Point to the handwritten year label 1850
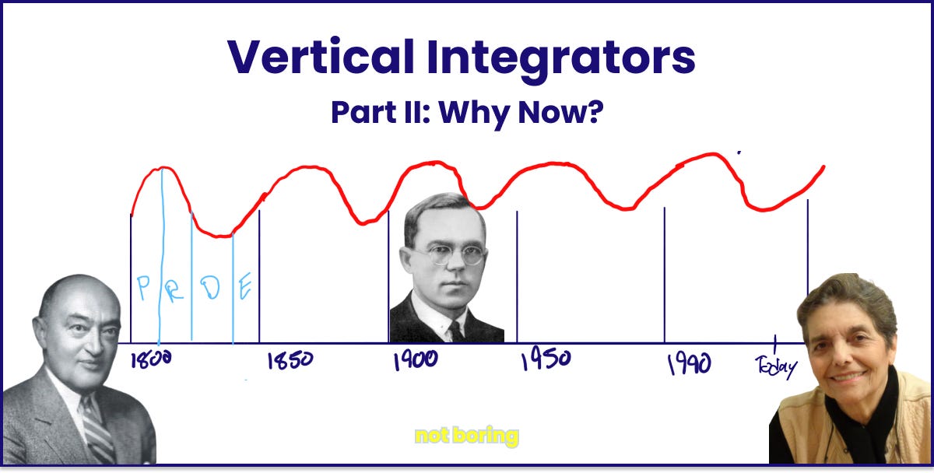(x=290, y=360)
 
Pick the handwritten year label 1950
(x=545, y=359)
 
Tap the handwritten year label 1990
(x=689, y=363)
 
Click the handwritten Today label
(x=776, y=366)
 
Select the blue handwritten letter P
(x=143, y=289)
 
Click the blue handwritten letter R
(x=175, y=289)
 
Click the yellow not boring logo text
(x=466, y=436)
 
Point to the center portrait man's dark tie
(x=456, y=330)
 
